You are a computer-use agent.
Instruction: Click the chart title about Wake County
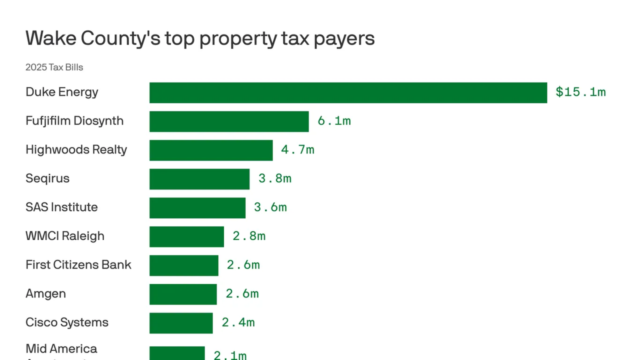(200, 38)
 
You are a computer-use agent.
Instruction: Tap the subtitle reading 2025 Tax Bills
(54, 67)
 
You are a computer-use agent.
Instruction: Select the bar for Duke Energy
(348, 93)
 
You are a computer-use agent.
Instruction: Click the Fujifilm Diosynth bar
(229, 121)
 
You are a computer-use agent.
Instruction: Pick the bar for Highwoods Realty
(211, 150)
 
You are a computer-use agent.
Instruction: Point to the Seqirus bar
(199, 179)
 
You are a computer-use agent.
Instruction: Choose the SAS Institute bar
(197, 208)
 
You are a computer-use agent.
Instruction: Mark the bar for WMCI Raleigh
(186, 237)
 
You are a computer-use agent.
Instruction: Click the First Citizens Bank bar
(184, 265)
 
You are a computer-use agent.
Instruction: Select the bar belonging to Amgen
(183, 294)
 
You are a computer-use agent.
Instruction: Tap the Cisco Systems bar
(181, 323)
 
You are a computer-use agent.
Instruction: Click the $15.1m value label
(580, 92)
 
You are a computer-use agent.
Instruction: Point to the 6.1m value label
(334, 121)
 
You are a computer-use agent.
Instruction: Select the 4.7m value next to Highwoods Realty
(297, 150)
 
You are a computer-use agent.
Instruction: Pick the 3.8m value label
(274, 178)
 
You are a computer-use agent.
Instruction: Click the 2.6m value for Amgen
(242, 294)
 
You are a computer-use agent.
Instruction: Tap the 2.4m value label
(238, 323)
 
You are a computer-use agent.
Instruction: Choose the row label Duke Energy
(62, 92)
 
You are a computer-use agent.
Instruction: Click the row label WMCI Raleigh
(65, 236)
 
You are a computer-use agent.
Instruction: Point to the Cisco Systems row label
(67, 322)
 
